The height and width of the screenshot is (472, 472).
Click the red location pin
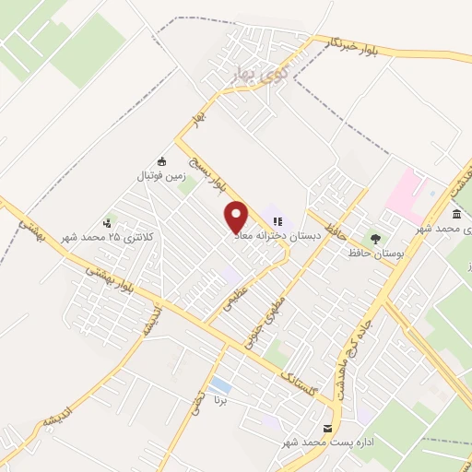[237, 217]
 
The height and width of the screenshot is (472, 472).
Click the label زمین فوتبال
[162, 174]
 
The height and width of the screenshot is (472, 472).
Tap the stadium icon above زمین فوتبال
[162, 160]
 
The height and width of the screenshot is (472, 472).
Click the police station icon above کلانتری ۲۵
[108, 221]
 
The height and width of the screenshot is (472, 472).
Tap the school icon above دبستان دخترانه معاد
[278, 221]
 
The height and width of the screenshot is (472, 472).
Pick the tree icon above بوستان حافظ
[373, 237]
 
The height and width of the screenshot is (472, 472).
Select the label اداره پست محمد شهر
[328, 442]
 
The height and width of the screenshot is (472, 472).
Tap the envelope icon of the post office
[327, 429]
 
